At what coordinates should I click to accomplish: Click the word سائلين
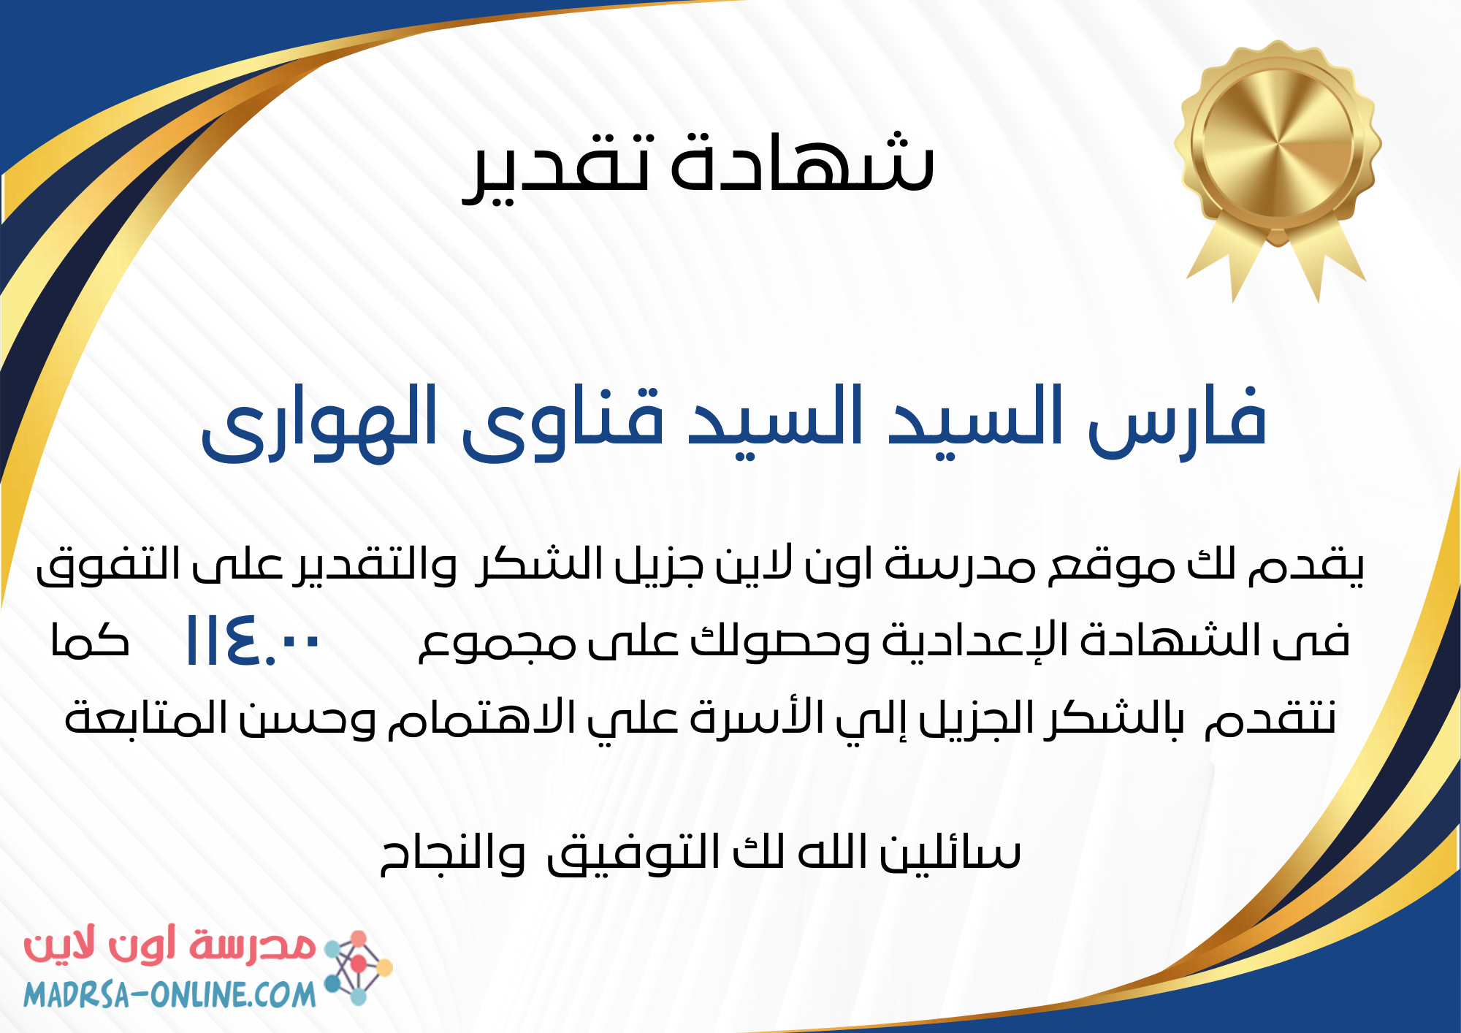950,852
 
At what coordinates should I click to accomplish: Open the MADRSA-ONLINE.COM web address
169,994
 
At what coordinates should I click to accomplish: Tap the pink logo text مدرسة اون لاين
169,947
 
